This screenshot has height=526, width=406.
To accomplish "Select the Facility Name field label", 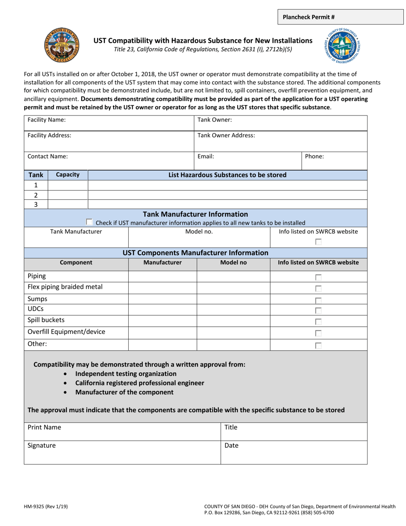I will [x=47, y=120].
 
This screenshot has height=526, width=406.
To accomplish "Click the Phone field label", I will [x=314, y=157].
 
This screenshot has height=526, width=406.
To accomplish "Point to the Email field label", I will [x=206, y=157].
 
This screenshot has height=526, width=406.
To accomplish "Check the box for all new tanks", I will [x=89, y=222].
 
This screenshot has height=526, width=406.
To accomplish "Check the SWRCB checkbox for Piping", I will [x=318, y=278].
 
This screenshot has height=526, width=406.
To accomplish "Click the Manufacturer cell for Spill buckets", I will [x=162, y=320].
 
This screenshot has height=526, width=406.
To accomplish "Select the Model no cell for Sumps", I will [x=233, y=299].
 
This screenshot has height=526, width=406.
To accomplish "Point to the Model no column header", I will [x=233, y=263].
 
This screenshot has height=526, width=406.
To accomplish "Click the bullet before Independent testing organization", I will [x=65, y=374].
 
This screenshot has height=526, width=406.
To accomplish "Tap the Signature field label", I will [x=41, y=446].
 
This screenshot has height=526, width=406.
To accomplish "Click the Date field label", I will [x=231, y=446].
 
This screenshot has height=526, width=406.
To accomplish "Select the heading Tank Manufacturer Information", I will [x=195, y=214].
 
